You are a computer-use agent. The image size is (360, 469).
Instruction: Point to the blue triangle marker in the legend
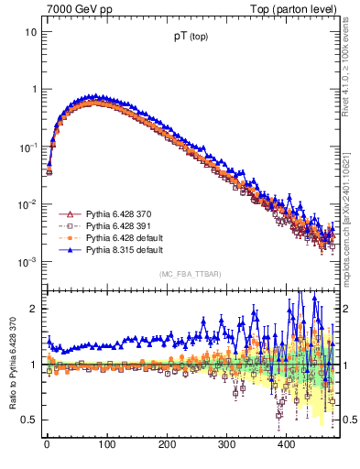69,249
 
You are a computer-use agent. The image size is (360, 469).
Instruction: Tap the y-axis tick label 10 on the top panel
30,31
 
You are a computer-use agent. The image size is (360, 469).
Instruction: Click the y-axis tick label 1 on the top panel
33,89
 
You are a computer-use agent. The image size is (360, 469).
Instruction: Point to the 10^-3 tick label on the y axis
27,262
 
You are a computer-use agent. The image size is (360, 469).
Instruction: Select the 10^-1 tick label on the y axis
27,147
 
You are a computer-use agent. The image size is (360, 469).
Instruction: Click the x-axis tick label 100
106,444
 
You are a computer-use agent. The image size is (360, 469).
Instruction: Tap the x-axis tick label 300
226,444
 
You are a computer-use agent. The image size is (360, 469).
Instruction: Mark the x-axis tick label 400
286,444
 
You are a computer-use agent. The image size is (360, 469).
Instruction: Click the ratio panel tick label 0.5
29,420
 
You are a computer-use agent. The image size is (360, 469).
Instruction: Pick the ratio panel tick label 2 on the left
33,309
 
